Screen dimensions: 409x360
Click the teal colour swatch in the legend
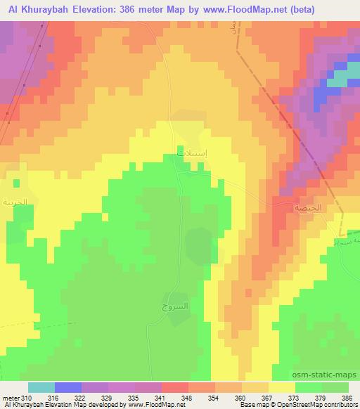point(41,387)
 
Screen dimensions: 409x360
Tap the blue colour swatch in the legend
point(68,387)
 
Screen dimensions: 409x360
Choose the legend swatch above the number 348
point(175,387)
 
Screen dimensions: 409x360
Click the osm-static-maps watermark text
point(327,374)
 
